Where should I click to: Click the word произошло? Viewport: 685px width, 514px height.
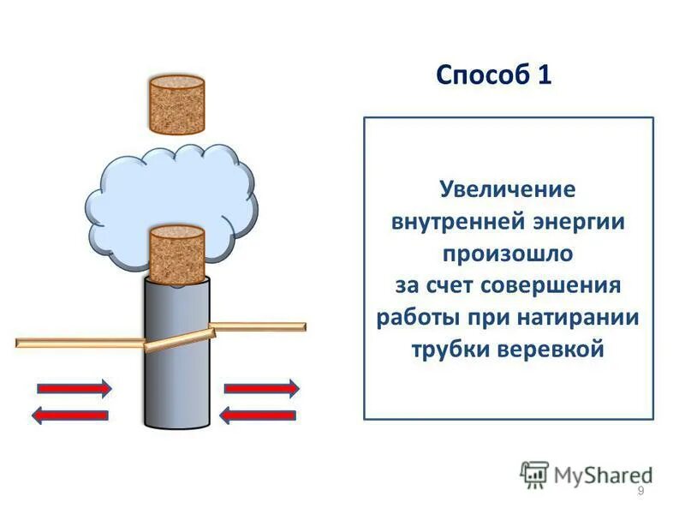point(508,254)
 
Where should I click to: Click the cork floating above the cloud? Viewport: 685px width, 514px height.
point(176,105)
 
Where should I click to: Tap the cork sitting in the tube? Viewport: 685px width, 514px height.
point(176,254)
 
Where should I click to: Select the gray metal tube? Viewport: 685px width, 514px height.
point(176,377)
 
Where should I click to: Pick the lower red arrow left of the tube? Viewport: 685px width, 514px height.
point(70,415)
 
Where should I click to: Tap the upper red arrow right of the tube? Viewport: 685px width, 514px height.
point(261,388)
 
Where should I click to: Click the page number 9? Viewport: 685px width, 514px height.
point(641,490)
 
